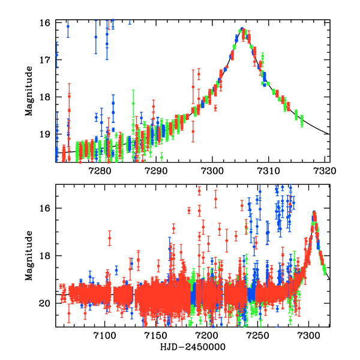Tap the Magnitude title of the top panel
29,91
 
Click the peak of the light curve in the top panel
242,29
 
